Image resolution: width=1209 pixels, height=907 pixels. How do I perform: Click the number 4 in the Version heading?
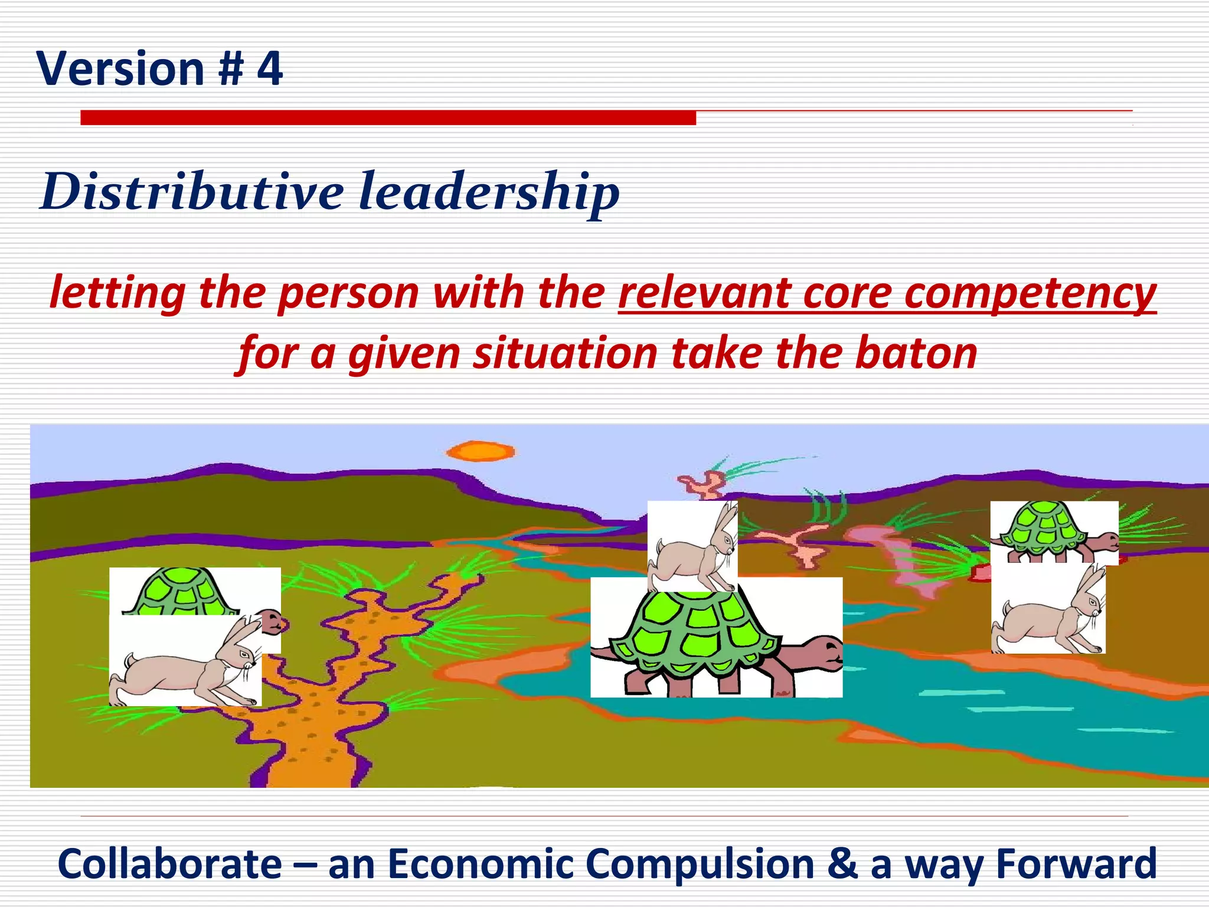click(270, 69)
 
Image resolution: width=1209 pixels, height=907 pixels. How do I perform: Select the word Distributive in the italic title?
click(192, 191)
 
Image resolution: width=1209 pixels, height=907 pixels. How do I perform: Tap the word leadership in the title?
click(489, 191)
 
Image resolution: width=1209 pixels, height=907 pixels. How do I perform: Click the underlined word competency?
click(1030, 293)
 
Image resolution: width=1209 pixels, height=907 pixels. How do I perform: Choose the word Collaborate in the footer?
click(170, 864)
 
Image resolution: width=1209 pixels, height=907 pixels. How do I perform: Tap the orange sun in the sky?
click(481, 452)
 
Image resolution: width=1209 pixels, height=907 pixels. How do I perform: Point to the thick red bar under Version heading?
click(388, 118)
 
